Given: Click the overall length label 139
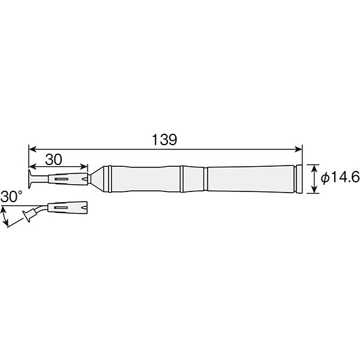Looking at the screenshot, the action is [x=164, y=140].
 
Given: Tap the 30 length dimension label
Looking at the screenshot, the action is [x=53, y=160].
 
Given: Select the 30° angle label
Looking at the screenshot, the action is [x=11, y=197].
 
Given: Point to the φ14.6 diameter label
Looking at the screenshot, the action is [x=340, y=178].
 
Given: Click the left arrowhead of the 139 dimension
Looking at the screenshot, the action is [x=32, y=149].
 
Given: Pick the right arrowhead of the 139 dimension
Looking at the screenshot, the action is [x=298, y=149].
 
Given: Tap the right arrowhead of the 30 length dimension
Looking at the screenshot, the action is [x=84, y=167].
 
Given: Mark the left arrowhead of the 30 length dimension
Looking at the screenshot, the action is [x=32, y=167].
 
